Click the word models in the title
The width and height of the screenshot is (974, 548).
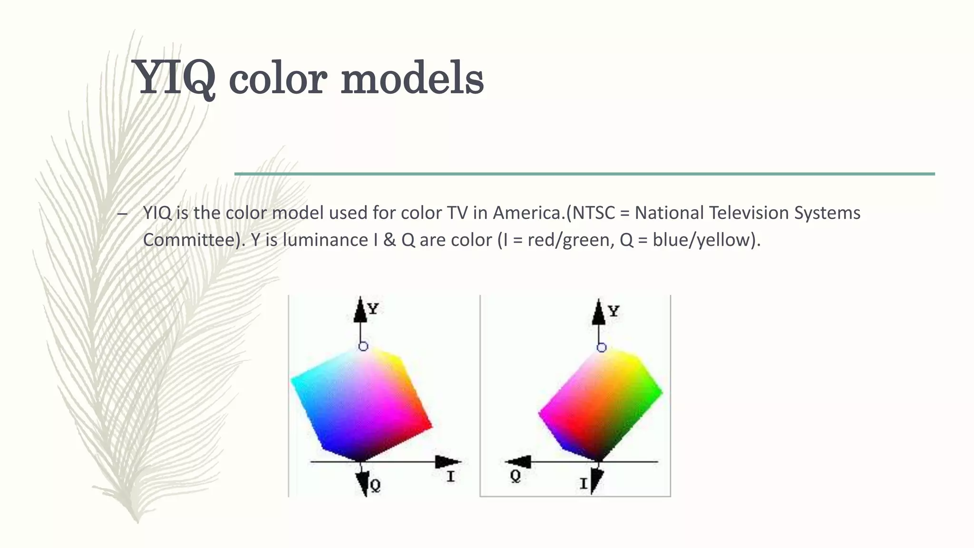(412, 78)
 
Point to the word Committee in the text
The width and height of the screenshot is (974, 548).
(189, 240)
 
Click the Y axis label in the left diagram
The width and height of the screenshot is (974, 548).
(373, 309)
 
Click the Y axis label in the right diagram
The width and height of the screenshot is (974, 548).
(614, 312)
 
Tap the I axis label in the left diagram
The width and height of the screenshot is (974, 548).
(450, 476)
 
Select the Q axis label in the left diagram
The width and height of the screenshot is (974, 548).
(375, 486)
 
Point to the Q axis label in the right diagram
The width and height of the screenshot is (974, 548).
(515, 476)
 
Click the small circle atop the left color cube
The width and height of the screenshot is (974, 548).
(363, 346)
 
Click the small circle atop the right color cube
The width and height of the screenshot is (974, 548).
(602, 348)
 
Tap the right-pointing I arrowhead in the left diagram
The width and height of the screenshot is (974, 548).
(448, 461)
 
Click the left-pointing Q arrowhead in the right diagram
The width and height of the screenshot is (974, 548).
(518, 461)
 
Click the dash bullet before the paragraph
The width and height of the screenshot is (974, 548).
(122, 214)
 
